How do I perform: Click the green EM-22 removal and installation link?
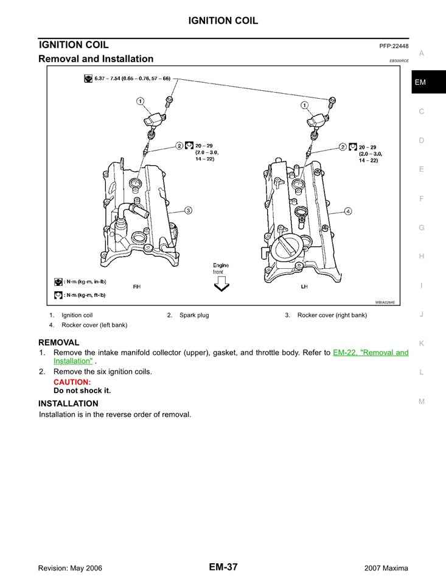pos(370,353)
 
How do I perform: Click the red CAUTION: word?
pos(72,382)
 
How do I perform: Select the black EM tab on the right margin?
pos(420,82)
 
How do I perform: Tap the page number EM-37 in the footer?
pos(223,567)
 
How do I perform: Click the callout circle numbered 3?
pos(188,210)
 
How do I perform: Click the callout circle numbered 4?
pos(347,211)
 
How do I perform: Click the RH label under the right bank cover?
pos(136,286)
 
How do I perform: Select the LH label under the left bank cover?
pos(304,286)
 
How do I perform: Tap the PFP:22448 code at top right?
pos(393,46)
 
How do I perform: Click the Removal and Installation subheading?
pos(96,59)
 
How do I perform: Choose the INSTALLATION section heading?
pos(68,403)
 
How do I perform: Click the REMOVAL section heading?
pos(58,343)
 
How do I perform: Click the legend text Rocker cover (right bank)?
pos(332,315)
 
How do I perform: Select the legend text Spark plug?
pos(194,315)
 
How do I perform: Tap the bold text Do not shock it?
pos(82,391)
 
